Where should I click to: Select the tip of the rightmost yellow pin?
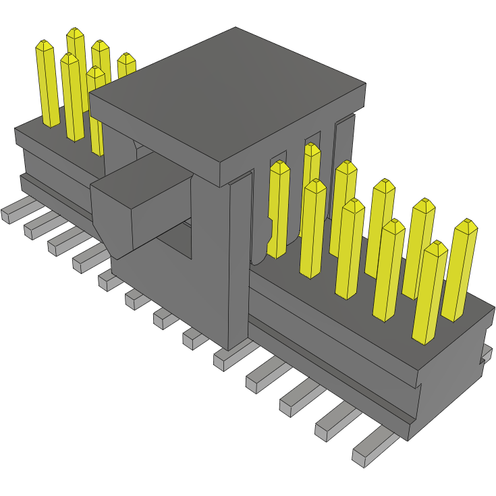coord(466,226)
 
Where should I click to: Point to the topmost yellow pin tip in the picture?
coord(75,33)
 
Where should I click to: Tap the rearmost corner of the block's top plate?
coord(236,28)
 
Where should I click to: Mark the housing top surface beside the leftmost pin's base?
coord(34,132)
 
